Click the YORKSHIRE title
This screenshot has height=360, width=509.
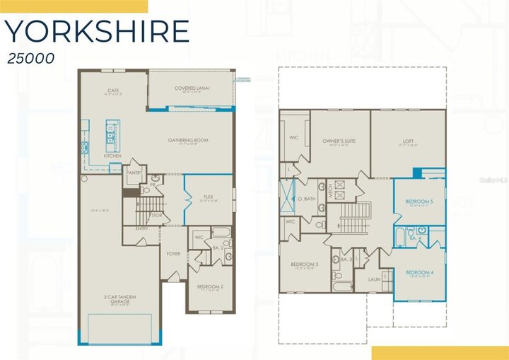97,32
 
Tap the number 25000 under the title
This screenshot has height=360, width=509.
32,59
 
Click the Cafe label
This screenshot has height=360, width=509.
112,91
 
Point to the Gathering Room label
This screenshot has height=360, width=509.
188,140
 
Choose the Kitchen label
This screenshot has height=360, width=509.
112,156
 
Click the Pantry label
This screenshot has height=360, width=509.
134,172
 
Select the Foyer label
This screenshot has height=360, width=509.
173,253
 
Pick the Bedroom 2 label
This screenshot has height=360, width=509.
209,286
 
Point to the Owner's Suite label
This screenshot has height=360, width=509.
339,141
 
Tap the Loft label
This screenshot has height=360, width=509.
408,141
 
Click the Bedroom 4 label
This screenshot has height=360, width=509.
419,272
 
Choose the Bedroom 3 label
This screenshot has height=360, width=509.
305,265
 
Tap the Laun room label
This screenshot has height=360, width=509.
375,279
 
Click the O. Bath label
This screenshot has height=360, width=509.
306,199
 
